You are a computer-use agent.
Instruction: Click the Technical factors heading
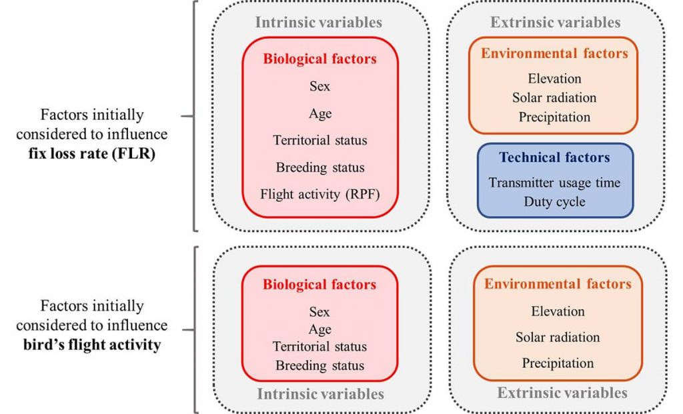[x=554, y=157]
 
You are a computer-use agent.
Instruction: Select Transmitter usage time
[x=554, y=183]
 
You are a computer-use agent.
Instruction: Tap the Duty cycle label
[x=554, y=201]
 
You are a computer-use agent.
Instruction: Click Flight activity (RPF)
[x=320, y=194]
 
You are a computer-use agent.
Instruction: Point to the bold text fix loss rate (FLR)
[x=92, y=153]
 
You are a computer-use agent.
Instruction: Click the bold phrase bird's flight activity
[x=92, y=345]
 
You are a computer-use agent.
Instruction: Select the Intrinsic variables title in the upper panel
[x=318, y=22]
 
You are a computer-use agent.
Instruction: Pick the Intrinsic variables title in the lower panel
[x=321, y=394]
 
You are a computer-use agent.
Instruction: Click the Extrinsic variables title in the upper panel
[x=556, y=22]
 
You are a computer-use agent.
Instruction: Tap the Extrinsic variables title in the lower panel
[x=562, y=393]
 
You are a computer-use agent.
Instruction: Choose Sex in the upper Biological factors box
[x=319, y=86]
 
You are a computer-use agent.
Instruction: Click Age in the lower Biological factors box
[x=320, y=329]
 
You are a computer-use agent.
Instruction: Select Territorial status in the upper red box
[x=320, y=140]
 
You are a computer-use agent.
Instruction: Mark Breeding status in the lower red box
[x=319, y=365]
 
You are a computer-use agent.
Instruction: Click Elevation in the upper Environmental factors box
[x=554, y=79]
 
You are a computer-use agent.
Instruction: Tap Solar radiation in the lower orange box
[x=558, y=337]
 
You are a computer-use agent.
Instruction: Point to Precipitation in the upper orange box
[x=554, y=117]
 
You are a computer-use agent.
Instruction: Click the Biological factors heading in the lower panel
[x=319, y=284]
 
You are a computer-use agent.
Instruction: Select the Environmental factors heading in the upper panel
[x=554, y=53]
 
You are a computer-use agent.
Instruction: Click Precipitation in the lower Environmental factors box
[x=558, y=363]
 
